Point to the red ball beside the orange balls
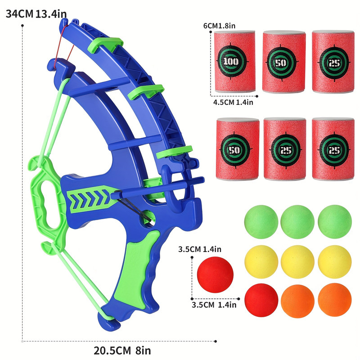tap(261, 299)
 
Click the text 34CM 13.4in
tap(36, 13)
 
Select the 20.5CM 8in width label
tap(119, 349)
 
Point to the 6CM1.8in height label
tap(219, 26)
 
